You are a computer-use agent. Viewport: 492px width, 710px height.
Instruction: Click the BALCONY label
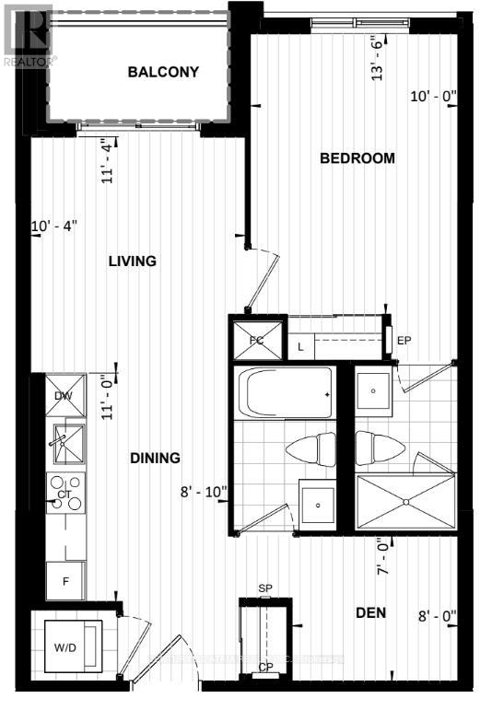pyautogui.click(x=163, y=72)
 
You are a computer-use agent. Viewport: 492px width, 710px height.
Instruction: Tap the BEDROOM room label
pyautogui.click(x=357, y=158)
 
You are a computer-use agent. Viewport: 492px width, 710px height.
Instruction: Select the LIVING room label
pyautogui.click(x=132, y=262)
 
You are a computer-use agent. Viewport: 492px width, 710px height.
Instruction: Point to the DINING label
pyautogui.click(x=154, y=458)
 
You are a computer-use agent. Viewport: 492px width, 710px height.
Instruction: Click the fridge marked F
pyautogui.click(x=66, y=581)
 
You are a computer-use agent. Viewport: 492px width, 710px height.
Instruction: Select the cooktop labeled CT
pyautogui.click(x=66, y=495)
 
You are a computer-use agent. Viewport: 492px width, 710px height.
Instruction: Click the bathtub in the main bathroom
pyautogui.click(x=287, y=393)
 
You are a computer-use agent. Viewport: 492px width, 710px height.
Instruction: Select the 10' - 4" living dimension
pyautogui.click(x=54, y=226)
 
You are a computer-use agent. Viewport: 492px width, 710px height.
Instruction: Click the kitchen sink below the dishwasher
pyautogui.click(x=65, y=443)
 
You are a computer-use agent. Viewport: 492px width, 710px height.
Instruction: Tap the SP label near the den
pyautogui.click(x=265, y=588)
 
